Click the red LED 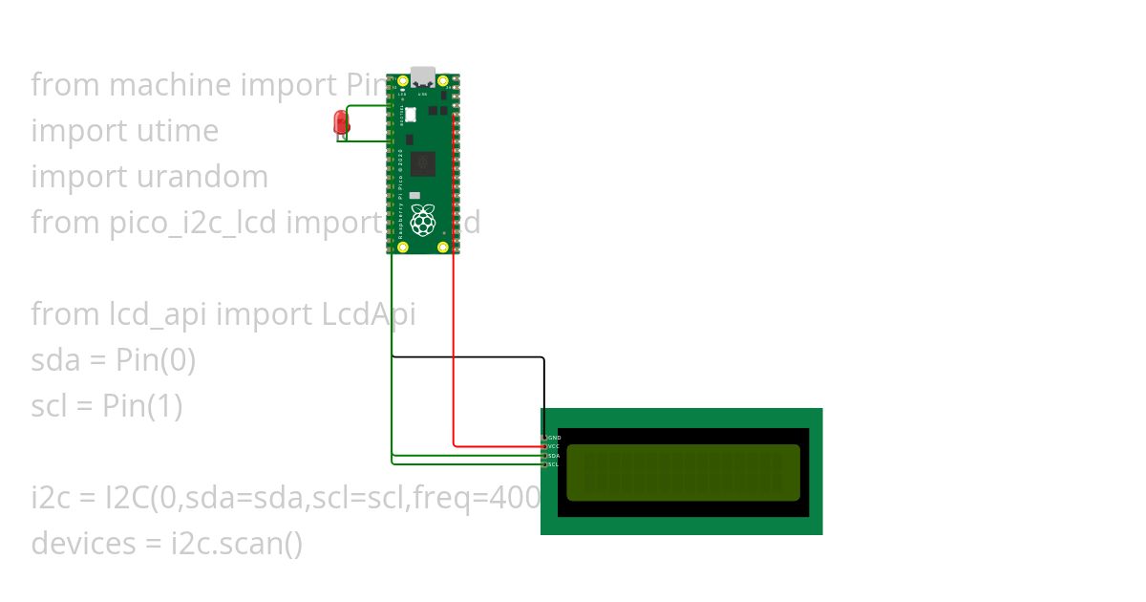(340, 122)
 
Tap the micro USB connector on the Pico (422, 75)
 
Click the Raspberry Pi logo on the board (423, 220)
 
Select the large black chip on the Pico (423, 164)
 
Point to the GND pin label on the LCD (555, 438)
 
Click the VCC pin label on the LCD (554, 446)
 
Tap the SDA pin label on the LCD (554, 456)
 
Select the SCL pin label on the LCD (554, 464)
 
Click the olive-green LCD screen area (683, 472)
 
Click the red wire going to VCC (454, 363)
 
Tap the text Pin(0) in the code (156, 360)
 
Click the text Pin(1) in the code (142, 406)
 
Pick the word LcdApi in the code (371, 314)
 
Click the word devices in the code (84, 544)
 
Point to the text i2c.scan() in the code (237, 544)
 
